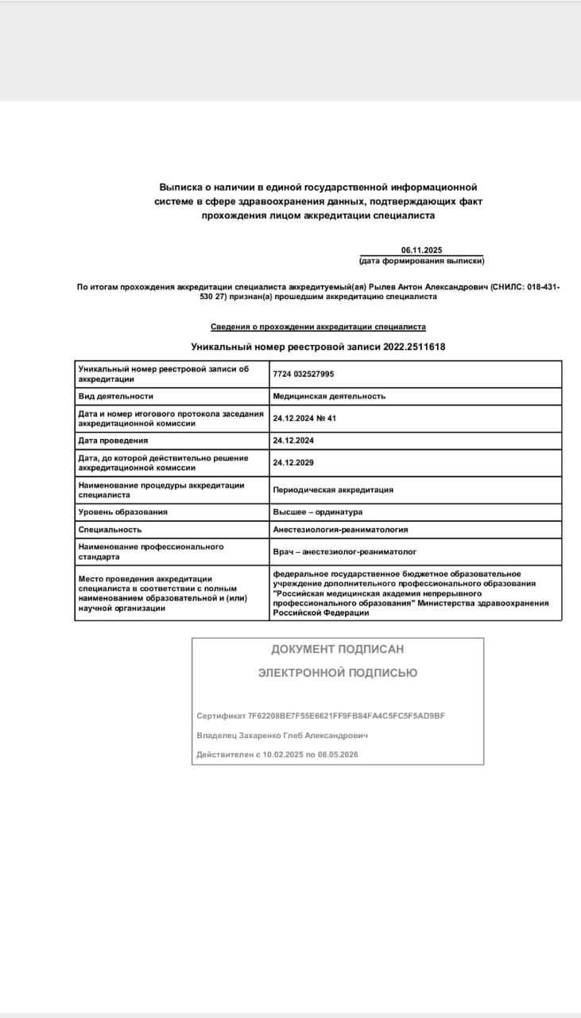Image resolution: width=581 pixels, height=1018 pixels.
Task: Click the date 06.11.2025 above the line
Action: point(421,250)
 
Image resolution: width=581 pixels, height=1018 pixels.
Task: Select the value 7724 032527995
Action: point(304,374)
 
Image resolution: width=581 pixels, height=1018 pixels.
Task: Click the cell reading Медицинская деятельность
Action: point(329,395)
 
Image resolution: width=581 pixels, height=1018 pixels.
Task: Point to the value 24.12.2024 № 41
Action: point(305,418)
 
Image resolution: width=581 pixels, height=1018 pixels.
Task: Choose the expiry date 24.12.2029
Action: point(293,461)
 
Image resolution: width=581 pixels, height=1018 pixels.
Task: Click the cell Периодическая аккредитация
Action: point(333,490)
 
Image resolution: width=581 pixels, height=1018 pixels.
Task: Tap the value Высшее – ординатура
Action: point(318,511)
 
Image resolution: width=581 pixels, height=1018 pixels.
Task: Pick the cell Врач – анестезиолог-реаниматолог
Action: point(345,550)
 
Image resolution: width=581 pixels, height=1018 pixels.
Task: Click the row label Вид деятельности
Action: point(115,395)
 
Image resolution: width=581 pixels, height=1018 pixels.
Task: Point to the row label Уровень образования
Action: point(123,511)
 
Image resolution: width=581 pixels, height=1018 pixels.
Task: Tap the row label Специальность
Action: point(110,529)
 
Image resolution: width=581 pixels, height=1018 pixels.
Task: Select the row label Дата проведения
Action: point(113,440)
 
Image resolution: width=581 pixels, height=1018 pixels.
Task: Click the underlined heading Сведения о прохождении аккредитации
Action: point(318,327)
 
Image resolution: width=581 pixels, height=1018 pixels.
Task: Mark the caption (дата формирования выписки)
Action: point(421,261)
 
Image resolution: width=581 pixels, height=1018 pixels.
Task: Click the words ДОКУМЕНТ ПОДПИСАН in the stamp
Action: point(337,649)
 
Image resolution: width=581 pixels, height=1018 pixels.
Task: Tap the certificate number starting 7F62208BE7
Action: point(347,716)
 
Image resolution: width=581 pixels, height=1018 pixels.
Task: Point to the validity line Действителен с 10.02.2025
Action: point(277,754)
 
